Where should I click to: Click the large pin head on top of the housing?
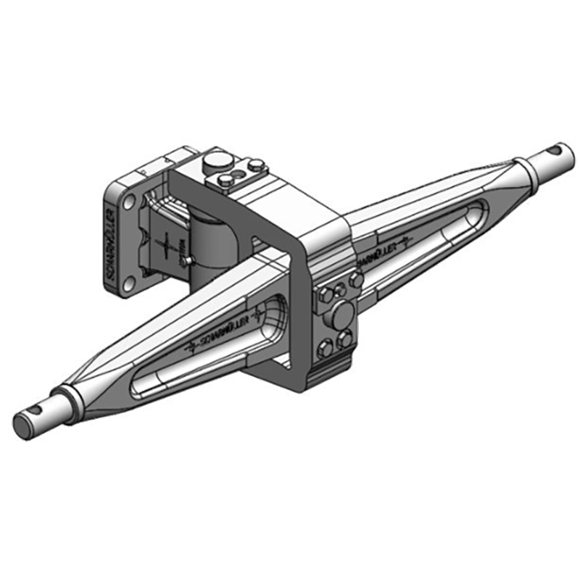(215, 160)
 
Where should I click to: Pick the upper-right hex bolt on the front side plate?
(355, 279)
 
